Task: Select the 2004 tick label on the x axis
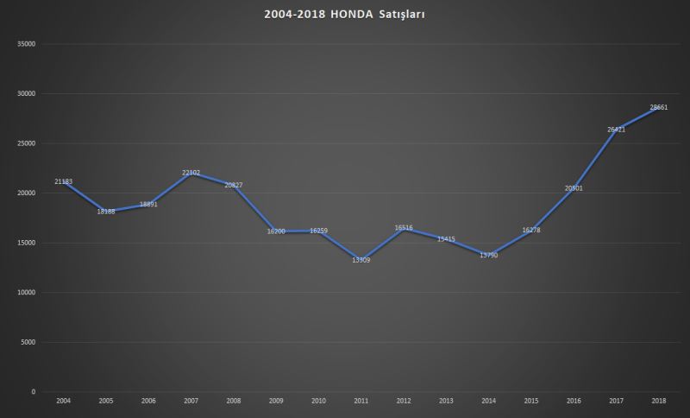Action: [x=63, y=402]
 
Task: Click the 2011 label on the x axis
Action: [x=361, y=402]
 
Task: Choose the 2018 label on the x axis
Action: [x=659, y=402]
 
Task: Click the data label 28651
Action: [x=659, y=107]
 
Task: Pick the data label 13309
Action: [x=361, y=260]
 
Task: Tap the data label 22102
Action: [x=191, y=173]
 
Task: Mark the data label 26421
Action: [x=617, y=130]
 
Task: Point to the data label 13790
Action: [x=489, y=255]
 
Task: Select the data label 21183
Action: [x=63, y=181]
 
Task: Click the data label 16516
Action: [x=404, y=228]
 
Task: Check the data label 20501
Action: [x=574, y=188]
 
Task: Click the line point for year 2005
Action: [x=106, y=211]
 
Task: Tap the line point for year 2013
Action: [x=446, y=238]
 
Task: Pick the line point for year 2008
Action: [x=234, y=185]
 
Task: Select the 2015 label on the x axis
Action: [x=531, y=402]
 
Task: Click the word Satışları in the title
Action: [x=401, y=15]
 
